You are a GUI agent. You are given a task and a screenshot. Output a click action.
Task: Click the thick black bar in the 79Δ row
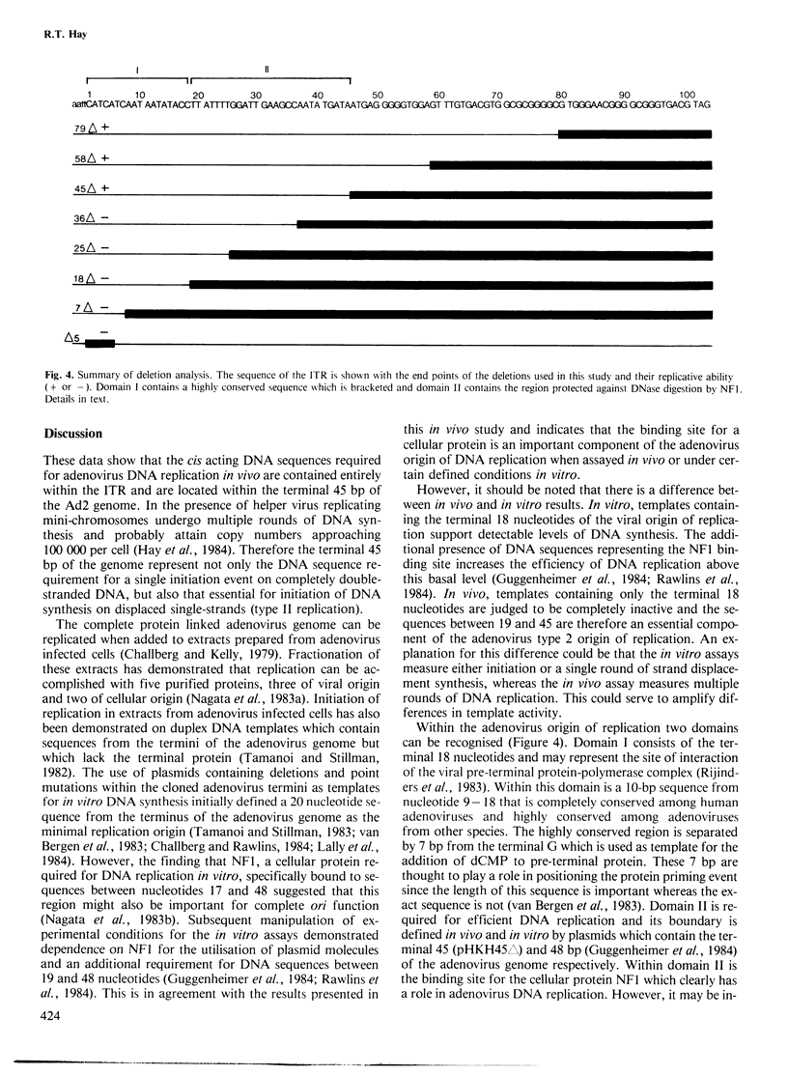[x=634, y=131]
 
